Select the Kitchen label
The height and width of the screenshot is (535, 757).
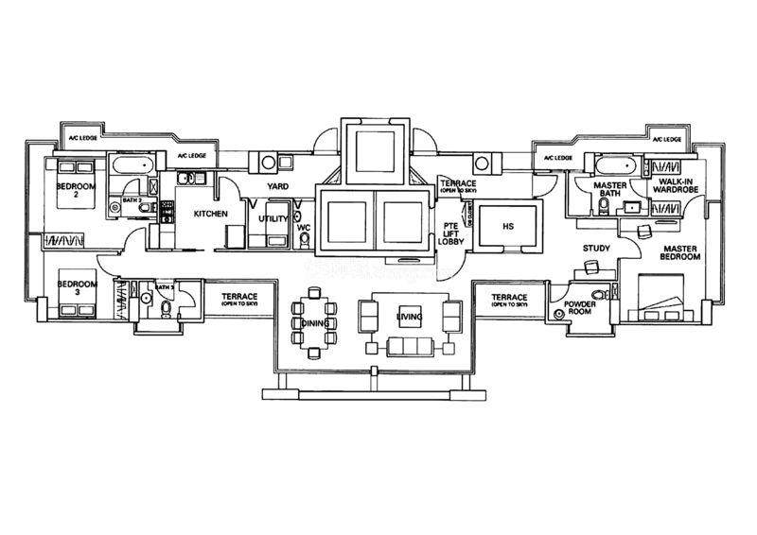click(x=210, y=215)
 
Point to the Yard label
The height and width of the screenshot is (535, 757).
click(x=277, y=186)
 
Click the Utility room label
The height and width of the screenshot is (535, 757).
click(x=273, y=218)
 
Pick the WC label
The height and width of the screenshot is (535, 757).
click(x=304, y=228)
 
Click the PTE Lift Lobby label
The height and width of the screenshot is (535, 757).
click(x=450, y=233)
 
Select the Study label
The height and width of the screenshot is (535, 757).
click(x=596, y=249)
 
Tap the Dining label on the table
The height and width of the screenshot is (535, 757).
click(x=315, y=323)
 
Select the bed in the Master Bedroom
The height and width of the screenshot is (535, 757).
click(x=667, y=298)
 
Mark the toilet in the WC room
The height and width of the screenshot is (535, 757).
click(x=304, y=241)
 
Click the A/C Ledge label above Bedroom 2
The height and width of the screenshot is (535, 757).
click(x=81, y=139)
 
